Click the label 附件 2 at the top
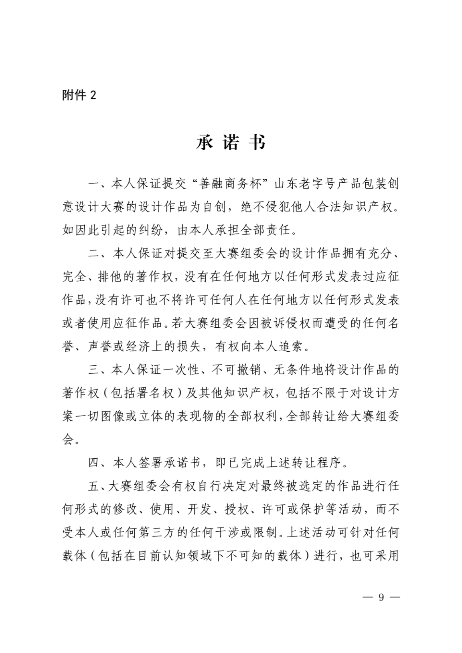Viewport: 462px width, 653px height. point(79,95)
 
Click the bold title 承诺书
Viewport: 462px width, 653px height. point(231,142)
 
